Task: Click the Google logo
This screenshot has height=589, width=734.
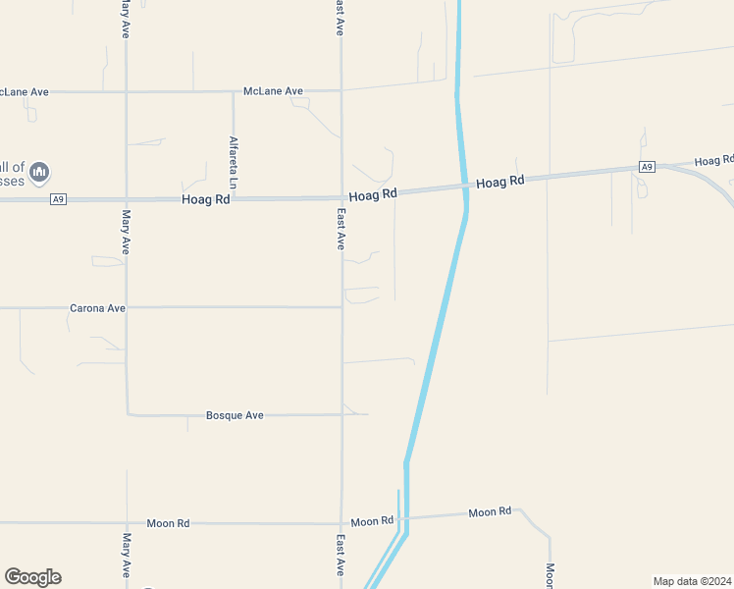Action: [32, 577]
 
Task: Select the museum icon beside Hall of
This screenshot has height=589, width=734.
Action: [39, 174]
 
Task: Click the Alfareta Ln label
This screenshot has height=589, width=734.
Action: [234, 162]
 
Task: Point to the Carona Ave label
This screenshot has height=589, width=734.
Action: [97, 308]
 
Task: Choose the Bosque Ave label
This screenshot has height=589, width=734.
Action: [235, 415]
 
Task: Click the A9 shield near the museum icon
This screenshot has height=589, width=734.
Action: [59, 200]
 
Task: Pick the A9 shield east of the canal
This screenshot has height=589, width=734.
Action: [646, 168]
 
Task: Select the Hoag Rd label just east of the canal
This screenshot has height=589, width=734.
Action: [500, 182]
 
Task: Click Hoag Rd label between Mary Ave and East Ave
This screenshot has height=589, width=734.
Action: [206, 199]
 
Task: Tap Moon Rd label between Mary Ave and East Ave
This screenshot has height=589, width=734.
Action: [167, 523]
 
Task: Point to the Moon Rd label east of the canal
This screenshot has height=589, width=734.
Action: [490, 512]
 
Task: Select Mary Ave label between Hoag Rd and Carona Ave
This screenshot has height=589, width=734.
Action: [127, 232]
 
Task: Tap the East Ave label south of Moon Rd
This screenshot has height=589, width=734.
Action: [341, 555]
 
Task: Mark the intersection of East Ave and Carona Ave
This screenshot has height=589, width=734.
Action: [341, 307]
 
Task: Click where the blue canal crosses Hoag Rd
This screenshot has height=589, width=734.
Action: [465, 186]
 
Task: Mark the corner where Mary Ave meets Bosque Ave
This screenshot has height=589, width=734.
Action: [128, 414]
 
